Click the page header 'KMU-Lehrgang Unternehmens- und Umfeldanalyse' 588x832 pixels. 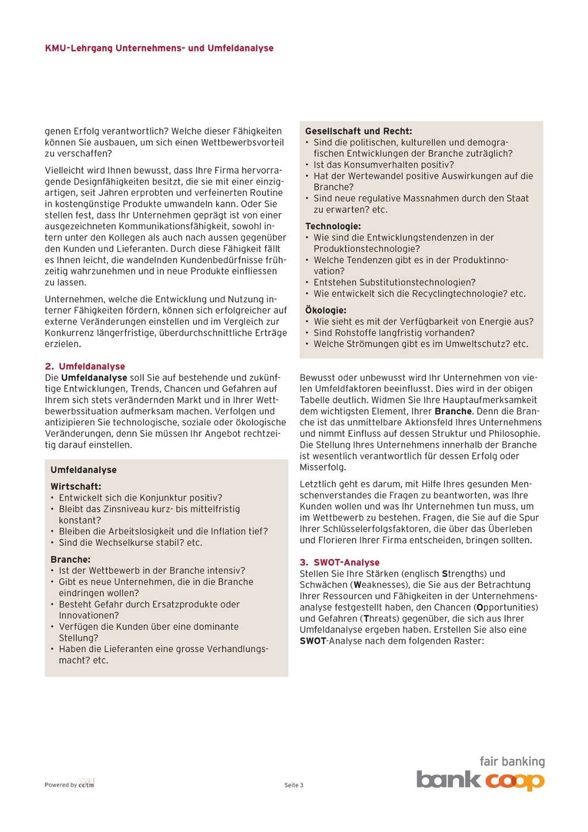pos(159,48)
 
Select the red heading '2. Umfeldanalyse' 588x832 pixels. pos(85,367)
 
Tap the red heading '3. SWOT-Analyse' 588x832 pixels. pos(340,563)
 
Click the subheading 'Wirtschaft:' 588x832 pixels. pos(76,487)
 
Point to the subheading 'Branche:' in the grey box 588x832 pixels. pos(71,560)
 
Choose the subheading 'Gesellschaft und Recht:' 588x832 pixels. pos(359,132)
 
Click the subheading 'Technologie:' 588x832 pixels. pos(333,226)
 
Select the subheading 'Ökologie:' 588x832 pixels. pos(325,310)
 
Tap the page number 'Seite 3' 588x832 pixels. pos(294,785)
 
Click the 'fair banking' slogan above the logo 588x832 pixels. pos(512,762)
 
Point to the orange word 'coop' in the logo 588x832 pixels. pos(514,781)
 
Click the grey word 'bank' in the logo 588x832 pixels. pos(448,780)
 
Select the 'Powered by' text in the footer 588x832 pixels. pos(60,785)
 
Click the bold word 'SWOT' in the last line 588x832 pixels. pos(312,641)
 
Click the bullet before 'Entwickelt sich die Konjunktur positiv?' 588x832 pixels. pos(52,498)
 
